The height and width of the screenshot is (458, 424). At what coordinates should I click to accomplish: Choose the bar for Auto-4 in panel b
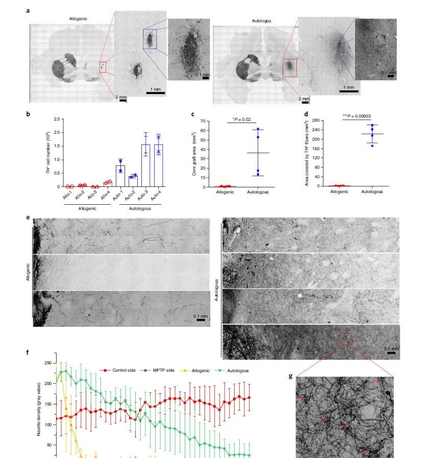point(159,165)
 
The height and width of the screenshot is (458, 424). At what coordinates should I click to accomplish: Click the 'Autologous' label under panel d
point(372,191)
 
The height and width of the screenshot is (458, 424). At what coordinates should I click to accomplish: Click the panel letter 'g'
point(291,376)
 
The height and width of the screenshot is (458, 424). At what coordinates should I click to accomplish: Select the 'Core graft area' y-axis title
point(194,154)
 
